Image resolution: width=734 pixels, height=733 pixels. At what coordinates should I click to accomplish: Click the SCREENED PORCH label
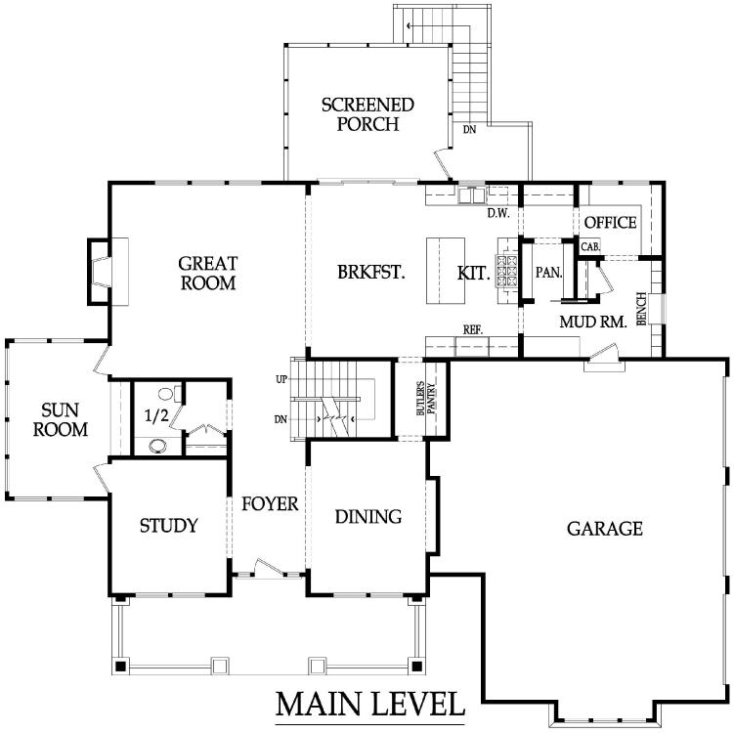coord(367,114)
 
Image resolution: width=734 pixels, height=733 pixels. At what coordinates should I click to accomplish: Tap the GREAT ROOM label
coord(208,273)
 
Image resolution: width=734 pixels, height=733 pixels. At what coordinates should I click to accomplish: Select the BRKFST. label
coord(371,272)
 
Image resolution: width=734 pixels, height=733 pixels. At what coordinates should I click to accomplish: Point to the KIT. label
coord(474,273)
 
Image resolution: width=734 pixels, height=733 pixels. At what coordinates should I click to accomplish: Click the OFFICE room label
coord(611,222)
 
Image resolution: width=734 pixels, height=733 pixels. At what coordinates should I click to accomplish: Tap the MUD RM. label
coord(593,322)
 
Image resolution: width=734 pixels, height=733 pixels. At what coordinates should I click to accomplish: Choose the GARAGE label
coord(604,529)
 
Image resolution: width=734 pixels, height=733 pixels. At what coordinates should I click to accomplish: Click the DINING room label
coord(368,517)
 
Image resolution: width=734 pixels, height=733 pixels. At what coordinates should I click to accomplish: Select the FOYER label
coord(270,503)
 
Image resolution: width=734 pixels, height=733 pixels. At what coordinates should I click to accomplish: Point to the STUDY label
coord(169,526)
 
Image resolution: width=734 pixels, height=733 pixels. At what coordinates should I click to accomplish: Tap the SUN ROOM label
coord(61,420)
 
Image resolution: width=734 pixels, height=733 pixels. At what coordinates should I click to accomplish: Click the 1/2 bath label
coord(156,415)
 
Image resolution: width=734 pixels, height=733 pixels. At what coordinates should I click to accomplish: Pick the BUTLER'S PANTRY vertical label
coord(426,399)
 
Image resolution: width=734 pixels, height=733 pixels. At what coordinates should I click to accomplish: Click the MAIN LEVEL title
coord(369,704)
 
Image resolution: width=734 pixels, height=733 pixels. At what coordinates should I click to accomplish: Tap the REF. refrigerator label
coord(473,330)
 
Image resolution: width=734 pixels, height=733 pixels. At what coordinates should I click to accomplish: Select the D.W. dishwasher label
coord(498,213)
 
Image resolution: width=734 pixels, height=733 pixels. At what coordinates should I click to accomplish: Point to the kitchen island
coord(445,271)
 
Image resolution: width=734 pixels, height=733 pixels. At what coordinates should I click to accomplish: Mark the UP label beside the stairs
coord(281,379)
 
